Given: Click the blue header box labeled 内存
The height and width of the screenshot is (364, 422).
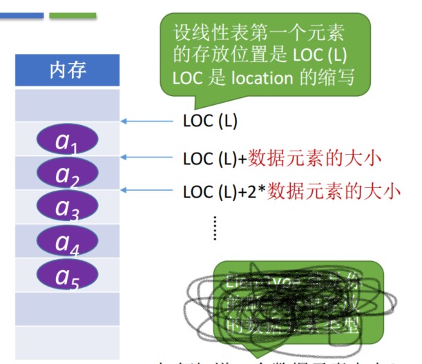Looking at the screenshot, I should [x=67, y=70].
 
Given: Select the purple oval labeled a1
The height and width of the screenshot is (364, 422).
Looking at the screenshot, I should [x=67, y=140].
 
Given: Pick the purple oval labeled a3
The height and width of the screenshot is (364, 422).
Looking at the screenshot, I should [x=67, y=206].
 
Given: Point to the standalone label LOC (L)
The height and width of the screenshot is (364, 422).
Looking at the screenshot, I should [x=210, y=122].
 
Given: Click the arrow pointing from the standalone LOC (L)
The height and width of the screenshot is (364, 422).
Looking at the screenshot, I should [x=148, y=122].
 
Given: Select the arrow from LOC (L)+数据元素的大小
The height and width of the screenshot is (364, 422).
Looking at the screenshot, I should [x=148, y=157].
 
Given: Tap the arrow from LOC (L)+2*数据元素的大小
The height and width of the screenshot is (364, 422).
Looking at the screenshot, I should [x=148, y=190].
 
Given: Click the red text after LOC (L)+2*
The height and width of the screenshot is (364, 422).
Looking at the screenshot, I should [x=334, y=191].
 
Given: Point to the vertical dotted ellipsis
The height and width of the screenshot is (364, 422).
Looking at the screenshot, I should [x=215, y=227].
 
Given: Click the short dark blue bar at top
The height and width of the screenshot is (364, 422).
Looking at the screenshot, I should [x=22, y=15].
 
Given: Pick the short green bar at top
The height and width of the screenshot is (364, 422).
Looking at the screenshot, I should [x=73, y=15].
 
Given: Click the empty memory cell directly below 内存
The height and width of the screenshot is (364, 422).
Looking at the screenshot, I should [x=67, y=104].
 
